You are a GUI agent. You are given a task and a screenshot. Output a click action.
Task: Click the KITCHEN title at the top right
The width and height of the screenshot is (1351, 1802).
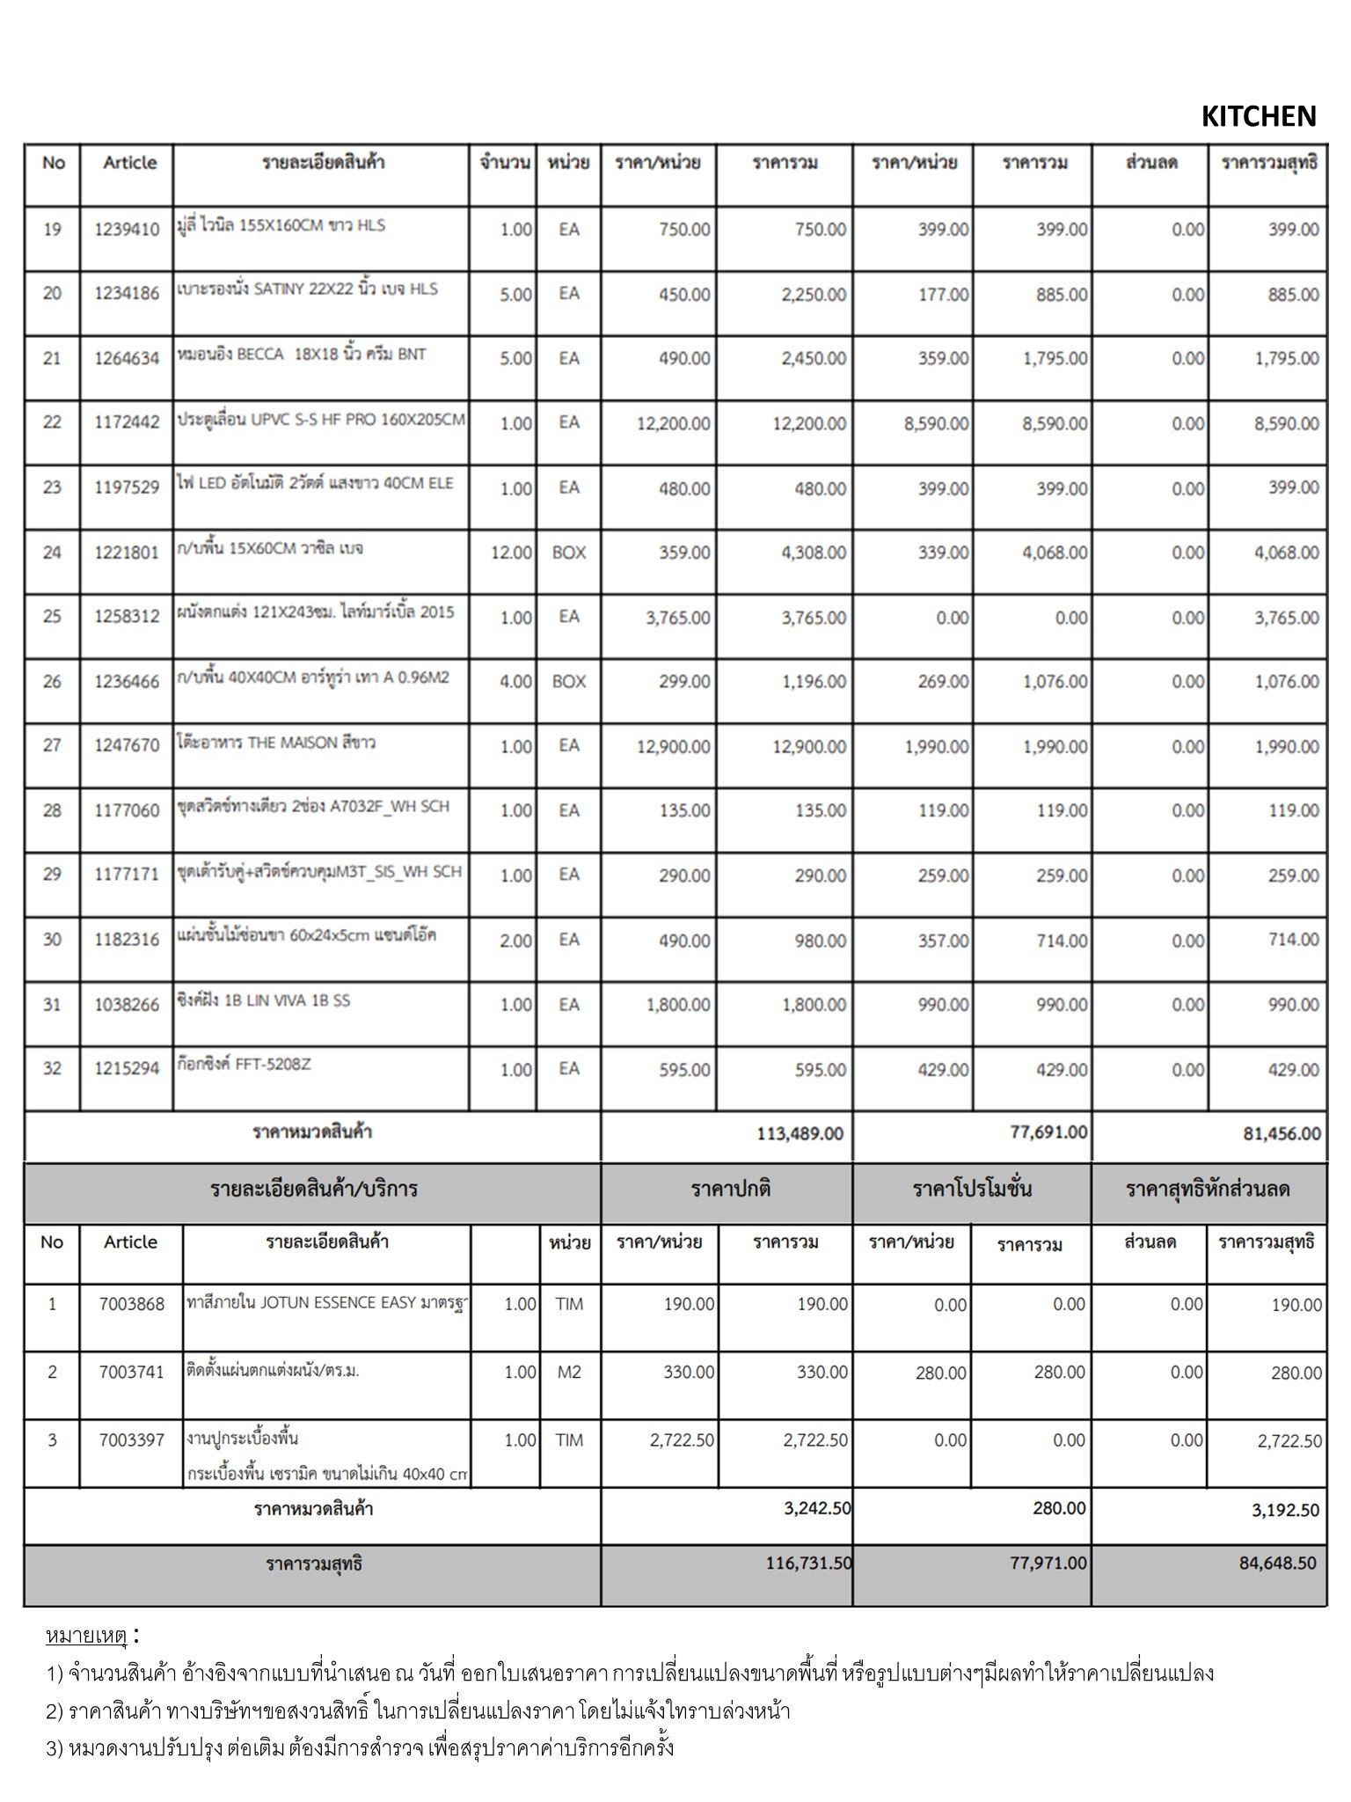(x=1258, y=116)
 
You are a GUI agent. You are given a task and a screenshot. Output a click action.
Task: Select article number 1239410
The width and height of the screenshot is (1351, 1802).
(x=127, y=230)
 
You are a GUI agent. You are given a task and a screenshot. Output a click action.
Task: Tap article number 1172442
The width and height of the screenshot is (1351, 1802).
(x=127, y=422)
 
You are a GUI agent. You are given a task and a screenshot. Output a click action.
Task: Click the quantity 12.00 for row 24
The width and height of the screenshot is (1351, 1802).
(x=511, y=553)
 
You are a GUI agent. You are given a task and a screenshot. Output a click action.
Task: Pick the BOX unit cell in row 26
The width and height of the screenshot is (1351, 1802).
(x=568, y=681)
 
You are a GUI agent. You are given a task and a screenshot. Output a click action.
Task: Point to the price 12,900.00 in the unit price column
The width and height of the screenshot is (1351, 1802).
(x=673, y=746)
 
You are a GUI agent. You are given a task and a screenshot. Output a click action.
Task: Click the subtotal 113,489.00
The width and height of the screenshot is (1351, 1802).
(x=800, y=1133)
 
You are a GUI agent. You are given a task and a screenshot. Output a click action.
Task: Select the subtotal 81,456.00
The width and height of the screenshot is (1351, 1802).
(x=1282, y=1133)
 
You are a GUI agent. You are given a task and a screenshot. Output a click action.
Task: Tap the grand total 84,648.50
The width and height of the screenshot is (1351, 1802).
(x=1277, y=1563)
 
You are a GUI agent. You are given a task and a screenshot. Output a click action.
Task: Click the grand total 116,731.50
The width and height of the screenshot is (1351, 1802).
(x=808, y=1563)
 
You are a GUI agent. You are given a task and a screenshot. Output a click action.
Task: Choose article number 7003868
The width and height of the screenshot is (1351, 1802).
(x=131, y=1304)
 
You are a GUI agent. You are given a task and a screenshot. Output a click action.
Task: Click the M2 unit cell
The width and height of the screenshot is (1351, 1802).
(x=568, y=1372)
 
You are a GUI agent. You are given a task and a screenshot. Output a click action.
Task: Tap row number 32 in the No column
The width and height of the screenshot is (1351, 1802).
(x=52, y=1068)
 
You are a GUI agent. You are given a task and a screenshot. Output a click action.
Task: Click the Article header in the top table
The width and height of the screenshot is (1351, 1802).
(x=129, y=163)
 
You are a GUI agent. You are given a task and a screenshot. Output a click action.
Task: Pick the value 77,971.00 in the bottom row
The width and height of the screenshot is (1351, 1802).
(x=1048, y=1563)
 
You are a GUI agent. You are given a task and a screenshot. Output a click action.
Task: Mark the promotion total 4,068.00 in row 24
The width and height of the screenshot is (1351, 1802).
(x=1055, y=553)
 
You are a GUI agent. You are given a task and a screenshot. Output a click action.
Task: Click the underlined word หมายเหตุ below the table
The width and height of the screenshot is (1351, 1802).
(x=86, y=1637)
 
